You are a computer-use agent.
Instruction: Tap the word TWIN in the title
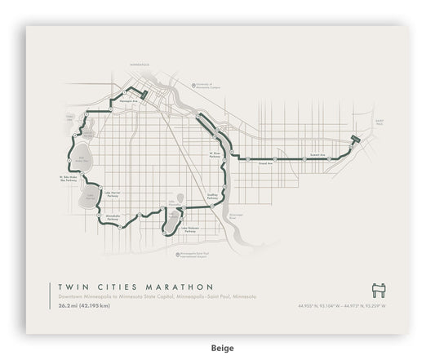(73, 287)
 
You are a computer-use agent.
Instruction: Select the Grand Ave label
(264, 163)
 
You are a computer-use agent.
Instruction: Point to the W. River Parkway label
(215, 153)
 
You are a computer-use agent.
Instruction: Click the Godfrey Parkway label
(213, 196)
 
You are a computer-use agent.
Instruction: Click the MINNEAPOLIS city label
(140, 62)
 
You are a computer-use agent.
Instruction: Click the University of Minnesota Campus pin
(195, 84)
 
